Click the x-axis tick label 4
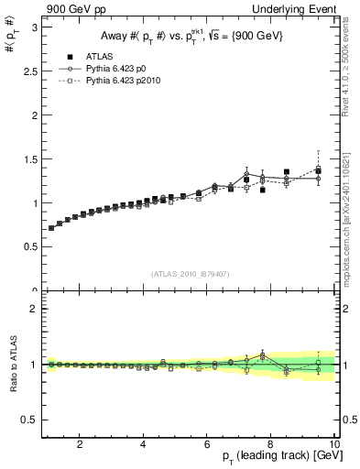click(x=144, y=444)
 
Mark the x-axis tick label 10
click(x=333, y=444)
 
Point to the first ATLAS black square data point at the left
click(x=51, y=228)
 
